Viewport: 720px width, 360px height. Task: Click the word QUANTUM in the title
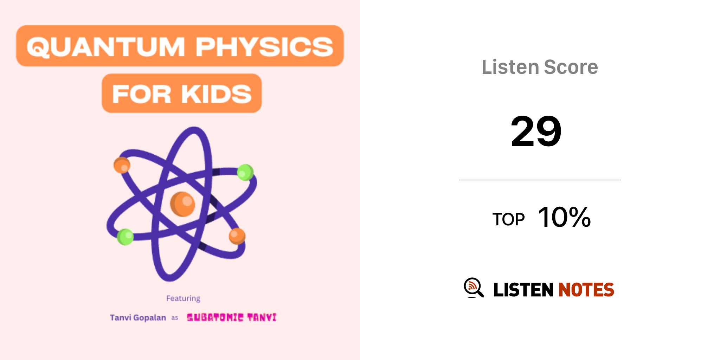[106, 47]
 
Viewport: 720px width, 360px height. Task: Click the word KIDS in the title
[217, 94]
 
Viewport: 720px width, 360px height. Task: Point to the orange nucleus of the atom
[182, 204]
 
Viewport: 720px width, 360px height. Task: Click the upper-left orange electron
[122, 165]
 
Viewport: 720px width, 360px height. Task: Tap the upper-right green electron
[245, 172]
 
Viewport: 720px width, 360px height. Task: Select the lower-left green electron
[126, 237]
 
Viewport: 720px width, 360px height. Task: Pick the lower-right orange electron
[237, 236]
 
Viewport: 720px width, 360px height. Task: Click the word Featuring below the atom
[183, 298]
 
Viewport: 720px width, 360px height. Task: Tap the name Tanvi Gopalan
[138, 317]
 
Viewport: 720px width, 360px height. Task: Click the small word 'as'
[175, 318]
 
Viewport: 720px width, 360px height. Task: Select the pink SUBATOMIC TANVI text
[232, 317]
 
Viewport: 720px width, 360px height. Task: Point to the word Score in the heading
[571, 67]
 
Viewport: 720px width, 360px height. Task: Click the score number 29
[536, 131]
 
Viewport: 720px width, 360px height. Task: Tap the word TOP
[508, 219]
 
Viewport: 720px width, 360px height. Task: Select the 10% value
[565, 217]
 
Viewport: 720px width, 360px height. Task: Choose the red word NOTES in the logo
[586, 290]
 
